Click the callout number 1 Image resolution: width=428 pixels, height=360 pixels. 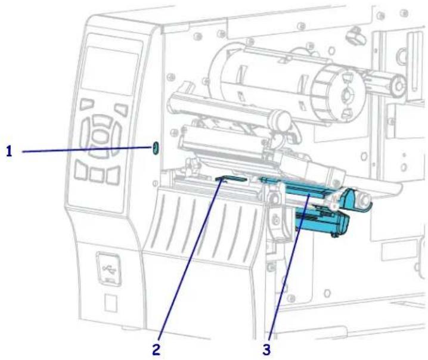point(10,151)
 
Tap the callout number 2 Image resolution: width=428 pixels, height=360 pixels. point(156,350)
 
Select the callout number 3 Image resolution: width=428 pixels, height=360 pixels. point(266,350)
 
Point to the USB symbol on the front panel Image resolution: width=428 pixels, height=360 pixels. point(109,269)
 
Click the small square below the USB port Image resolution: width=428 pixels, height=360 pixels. point(111,303)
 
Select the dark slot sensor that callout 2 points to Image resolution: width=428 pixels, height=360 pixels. point(231,179)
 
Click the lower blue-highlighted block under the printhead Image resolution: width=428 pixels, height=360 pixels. point(322,223)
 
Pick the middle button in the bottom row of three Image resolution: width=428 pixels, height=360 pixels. point(97,175)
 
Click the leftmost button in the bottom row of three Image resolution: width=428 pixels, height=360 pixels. point(81,170)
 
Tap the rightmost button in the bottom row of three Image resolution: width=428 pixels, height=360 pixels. point(113,175)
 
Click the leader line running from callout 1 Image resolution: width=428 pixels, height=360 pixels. point(88,149)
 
